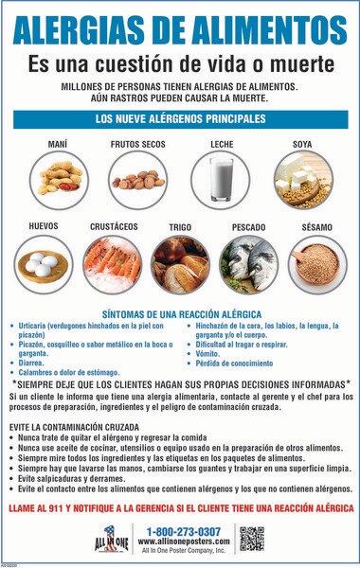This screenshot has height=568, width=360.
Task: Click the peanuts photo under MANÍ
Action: click(x=56, y=174)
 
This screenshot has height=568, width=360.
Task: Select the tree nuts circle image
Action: click(x=137, y=174)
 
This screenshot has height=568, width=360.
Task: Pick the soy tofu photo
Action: click(x=303, y=174)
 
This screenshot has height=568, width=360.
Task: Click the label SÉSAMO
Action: click(x=316, y=227)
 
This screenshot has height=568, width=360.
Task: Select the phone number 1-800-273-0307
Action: click(x=185, y=531)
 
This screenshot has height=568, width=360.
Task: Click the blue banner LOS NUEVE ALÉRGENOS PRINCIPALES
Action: click(x=180, y=119)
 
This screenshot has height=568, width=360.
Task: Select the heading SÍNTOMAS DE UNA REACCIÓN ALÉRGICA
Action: click(x=180, y=313)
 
